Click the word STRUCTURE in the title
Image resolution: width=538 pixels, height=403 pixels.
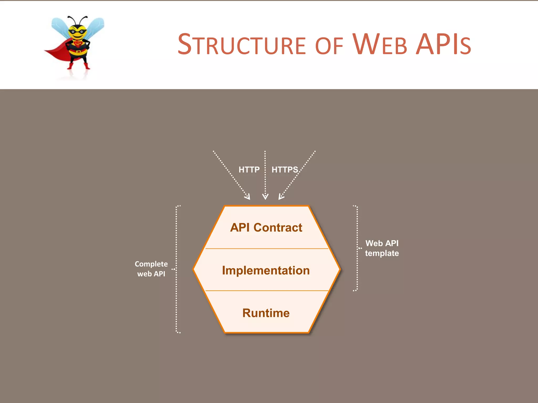242,45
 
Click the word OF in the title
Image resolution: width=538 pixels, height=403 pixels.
329,46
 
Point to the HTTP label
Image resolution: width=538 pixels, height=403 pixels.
249,170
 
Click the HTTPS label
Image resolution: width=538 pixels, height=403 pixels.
285,170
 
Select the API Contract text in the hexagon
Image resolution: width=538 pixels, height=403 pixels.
266,227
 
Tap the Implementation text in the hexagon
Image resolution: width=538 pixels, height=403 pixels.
266,270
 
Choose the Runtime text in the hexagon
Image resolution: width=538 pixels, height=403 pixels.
266,313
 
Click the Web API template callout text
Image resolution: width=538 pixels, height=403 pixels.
382,248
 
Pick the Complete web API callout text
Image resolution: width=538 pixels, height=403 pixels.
151,269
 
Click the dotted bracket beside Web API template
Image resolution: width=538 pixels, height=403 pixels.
357,248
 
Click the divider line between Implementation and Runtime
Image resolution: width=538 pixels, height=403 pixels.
266,291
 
